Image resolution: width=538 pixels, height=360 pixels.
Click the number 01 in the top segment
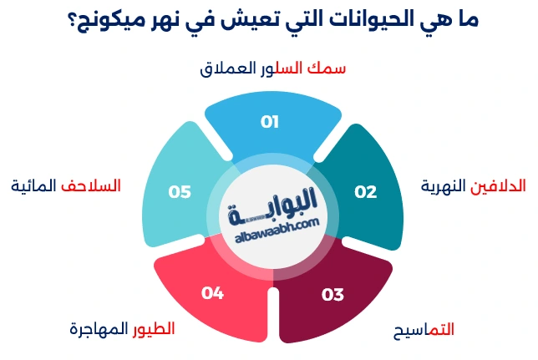coord(269,122)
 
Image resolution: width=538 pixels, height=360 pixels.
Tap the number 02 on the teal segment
coord(365,191)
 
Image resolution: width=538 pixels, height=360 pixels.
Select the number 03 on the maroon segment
coord(332,294)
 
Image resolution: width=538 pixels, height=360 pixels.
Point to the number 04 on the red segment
coord(212,293)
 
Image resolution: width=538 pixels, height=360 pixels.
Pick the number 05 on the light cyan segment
coord(180,191)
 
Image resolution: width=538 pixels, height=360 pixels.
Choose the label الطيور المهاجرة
coord(122,328)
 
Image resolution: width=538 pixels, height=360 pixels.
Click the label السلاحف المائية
coord(66,185)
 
